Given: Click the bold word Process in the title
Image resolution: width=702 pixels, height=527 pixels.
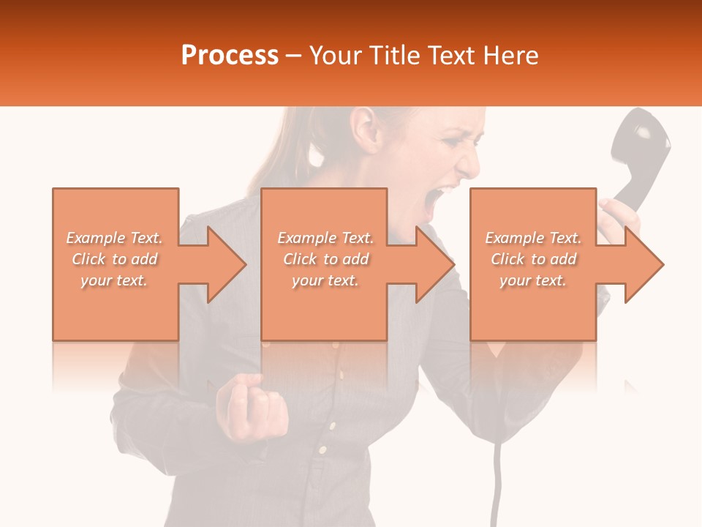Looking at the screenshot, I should [230, 56].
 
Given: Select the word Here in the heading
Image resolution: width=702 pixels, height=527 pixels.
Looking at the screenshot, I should [511, 56].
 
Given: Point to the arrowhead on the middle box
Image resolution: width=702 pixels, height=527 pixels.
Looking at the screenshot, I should [434, 264].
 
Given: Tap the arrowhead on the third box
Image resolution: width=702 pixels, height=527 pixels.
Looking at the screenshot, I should [643, 264].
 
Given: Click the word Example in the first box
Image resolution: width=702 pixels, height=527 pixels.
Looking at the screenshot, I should [96, 238].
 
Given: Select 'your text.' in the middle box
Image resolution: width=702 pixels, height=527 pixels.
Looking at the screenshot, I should [325, 280].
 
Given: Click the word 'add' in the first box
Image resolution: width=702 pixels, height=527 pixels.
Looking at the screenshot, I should [145, 259].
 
